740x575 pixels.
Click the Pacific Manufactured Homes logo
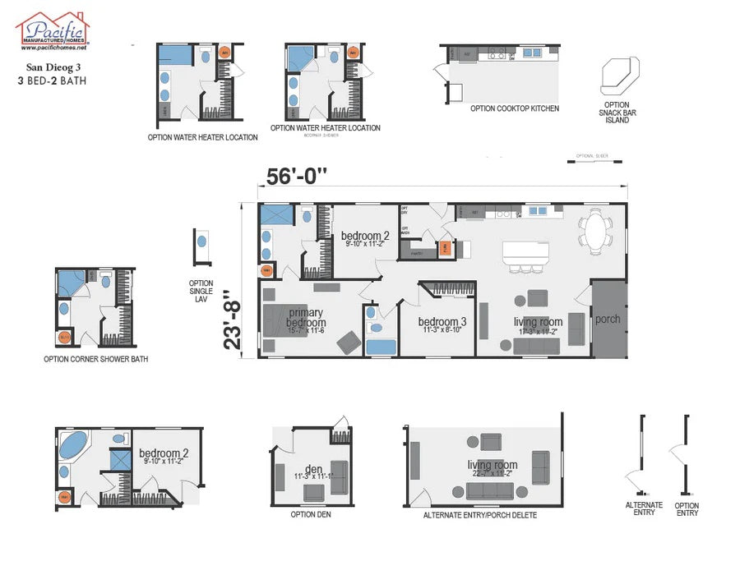click(x=53, y=31)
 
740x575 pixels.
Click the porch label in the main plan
click(x=608, y=319)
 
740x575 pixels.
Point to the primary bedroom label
click(x=306, y=317)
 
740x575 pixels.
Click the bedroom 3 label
click(x=442, y=322)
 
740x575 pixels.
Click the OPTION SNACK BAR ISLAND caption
click(x=617, y=113)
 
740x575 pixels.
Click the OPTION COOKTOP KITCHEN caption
click(x=515, y=108)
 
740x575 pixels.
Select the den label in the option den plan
click(x=313, y=470)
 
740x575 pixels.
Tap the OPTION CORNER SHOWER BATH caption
click(x=96, y=359)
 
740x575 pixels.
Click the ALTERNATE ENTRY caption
click(x=644, y=509)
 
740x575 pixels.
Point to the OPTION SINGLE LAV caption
click(x=201, y=291)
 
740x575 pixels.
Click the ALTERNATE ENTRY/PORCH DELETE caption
click(x=480, y=515)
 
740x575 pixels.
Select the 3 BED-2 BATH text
click(x=52, y=81)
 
